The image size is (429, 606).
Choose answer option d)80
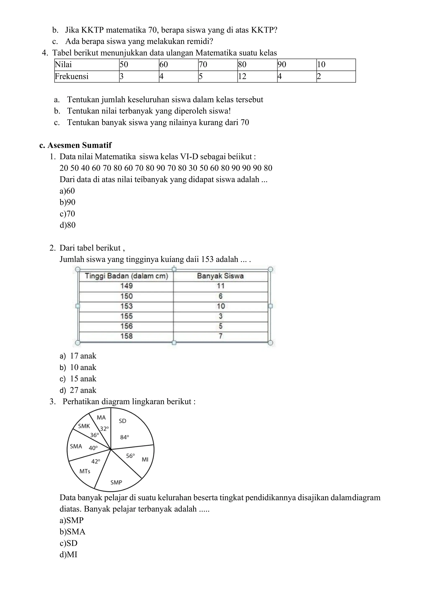coord(68,225)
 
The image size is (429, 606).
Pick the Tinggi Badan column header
coord(126,276)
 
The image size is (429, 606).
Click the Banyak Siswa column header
coord(220,276)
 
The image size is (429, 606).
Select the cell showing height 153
coord(126,306)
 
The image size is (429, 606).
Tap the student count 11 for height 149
coord(221,286)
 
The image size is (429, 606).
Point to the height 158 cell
coord(126,336)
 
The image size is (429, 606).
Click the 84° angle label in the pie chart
coord(124,437)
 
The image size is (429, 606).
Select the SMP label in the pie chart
coord(116,482)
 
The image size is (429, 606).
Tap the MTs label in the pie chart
coord(85,471)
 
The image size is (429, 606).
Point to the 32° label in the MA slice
coord(104,429)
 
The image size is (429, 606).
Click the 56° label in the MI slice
coord(130,456)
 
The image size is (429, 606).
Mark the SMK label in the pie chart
coord(84,426)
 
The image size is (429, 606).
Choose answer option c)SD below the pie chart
coord(68,543)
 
